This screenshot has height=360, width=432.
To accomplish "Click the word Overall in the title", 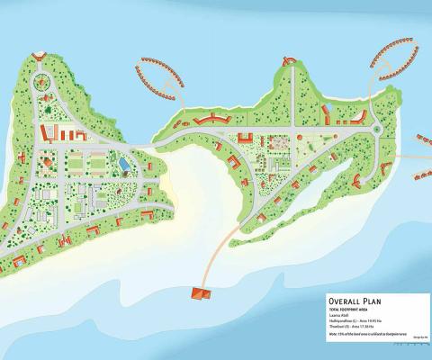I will click(x=344, y=302).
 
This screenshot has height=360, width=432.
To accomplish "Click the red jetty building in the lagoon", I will click(x=199, y=292).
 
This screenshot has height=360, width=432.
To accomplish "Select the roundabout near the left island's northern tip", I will click(x=41, y=84).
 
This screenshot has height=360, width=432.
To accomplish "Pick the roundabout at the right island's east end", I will click(x=377, y=130).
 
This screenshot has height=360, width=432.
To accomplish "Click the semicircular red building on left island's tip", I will click(x=38, y=57).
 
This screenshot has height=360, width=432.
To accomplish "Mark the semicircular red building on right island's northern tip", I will click(x=289, y=61).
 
